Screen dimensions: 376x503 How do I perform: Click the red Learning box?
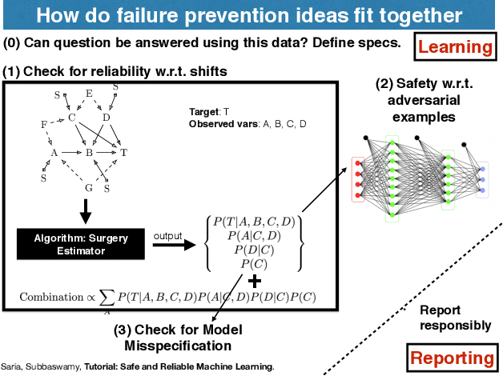click(x=456, y=47)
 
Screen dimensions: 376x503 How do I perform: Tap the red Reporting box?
click(x=453, y=358)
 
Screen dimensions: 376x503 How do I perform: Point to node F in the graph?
click(x=43, y=125)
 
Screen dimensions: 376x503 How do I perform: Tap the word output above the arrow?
click(x=169, y=235)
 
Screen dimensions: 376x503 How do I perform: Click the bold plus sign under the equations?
click(x=255, y=282)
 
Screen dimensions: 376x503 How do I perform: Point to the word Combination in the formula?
click(x=48, y=297)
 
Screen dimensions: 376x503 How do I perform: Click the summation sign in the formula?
click(x=107, y=298)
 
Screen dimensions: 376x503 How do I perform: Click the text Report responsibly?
click(x=456, y=318)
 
